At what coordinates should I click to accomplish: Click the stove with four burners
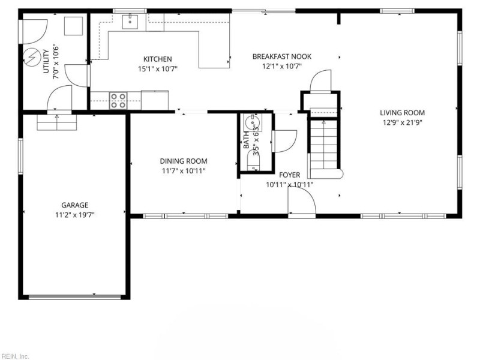click(x=118, y=100)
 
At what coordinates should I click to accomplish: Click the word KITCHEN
click(x=157, y=59)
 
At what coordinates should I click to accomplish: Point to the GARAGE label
click(x=74, y=205)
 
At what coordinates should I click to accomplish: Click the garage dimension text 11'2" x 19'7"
click(x=74, y=215)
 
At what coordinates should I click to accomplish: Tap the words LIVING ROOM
click(x=402, y=112)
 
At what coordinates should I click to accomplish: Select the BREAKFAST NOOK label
click(x=281, y=56)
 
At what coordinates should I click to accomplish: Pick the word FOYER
click(x=289, y=175)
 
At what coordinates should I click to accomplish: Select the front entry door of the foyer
click(x=301, y=204)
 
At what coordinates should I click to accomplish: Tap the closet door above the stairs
click(x=320, y=81)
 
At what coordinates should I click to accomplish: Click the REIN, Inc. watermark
click(x=14, y=356)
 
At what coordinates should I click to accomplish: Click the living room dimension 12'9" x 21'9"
click(x=402, y=122)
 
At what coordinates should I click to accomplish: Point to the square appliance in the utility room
click(x=74, y=26)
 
